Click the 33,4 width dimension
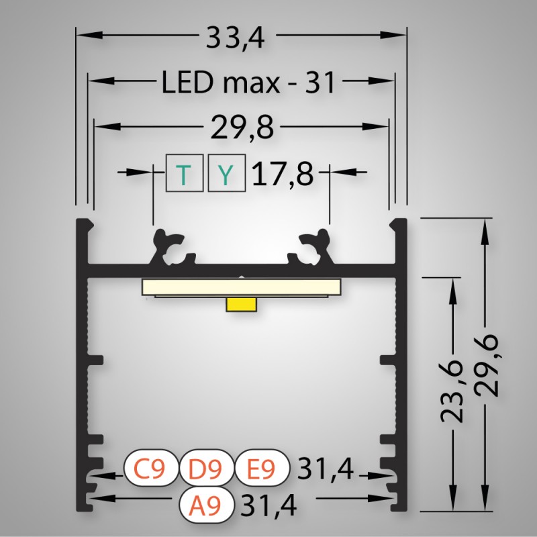coord(236,38)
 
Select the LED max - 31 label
coord(248,82)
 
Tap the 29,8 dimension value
coord(242,128)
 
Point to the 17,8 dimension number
coord(283,174)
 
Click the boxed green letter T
coord(185,173)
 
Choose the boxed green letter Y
coord(227,173)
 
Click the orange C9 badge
coord(150,468)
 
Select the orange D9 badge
coord(206,468)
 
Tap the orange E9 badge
coord(262,468)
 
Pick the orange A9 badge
coord(206,505)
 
